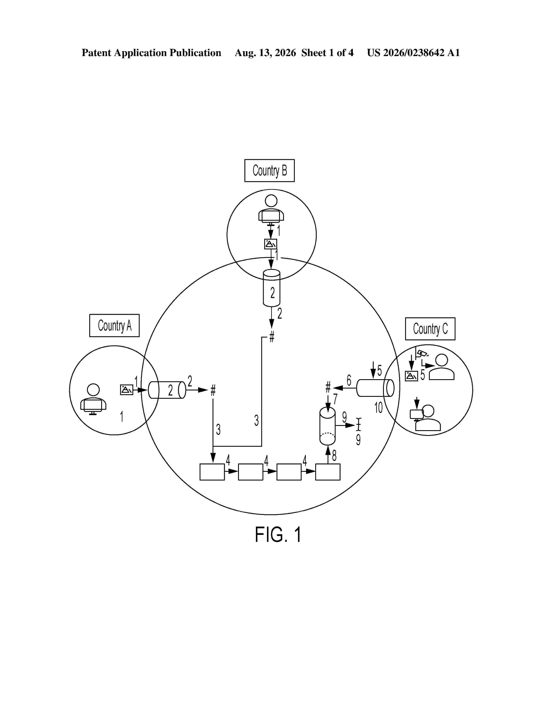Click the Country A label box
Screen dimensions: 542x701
pos(114,325)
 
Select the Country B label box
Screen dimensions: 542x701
pos(269,170)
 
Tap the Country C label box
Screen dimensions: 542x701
pos(430,329)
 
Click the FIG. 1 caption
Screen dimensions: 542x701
pos(278,535)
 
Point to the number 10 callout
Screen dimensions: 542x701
pos(379,408)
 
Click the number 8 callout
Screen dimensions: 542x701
pos(334,455)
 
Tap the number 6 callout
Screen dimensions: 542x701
pos(349,381)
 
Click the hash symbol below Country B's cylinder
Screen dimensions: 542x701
pos(272,337)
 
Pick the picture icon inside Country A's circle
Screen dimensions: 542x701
pos(126,390)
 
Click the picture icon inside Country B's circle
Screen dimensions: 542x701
pos(271,244)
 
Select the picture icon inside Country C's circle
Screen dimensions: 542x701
pos(411,376)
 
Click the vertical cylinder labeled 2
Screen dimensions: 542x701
pos(272,288)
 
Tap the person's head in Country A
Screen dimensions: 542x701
pos(94,390)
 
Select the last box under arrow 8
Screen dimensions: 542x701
pos(328,472)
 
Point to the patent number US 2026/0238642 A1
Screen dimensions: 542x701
pos(414,53)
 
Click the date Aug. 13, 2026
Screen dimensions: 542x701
pos(265,53)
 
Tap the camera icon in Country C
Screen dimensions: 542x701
pos(422,353)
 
